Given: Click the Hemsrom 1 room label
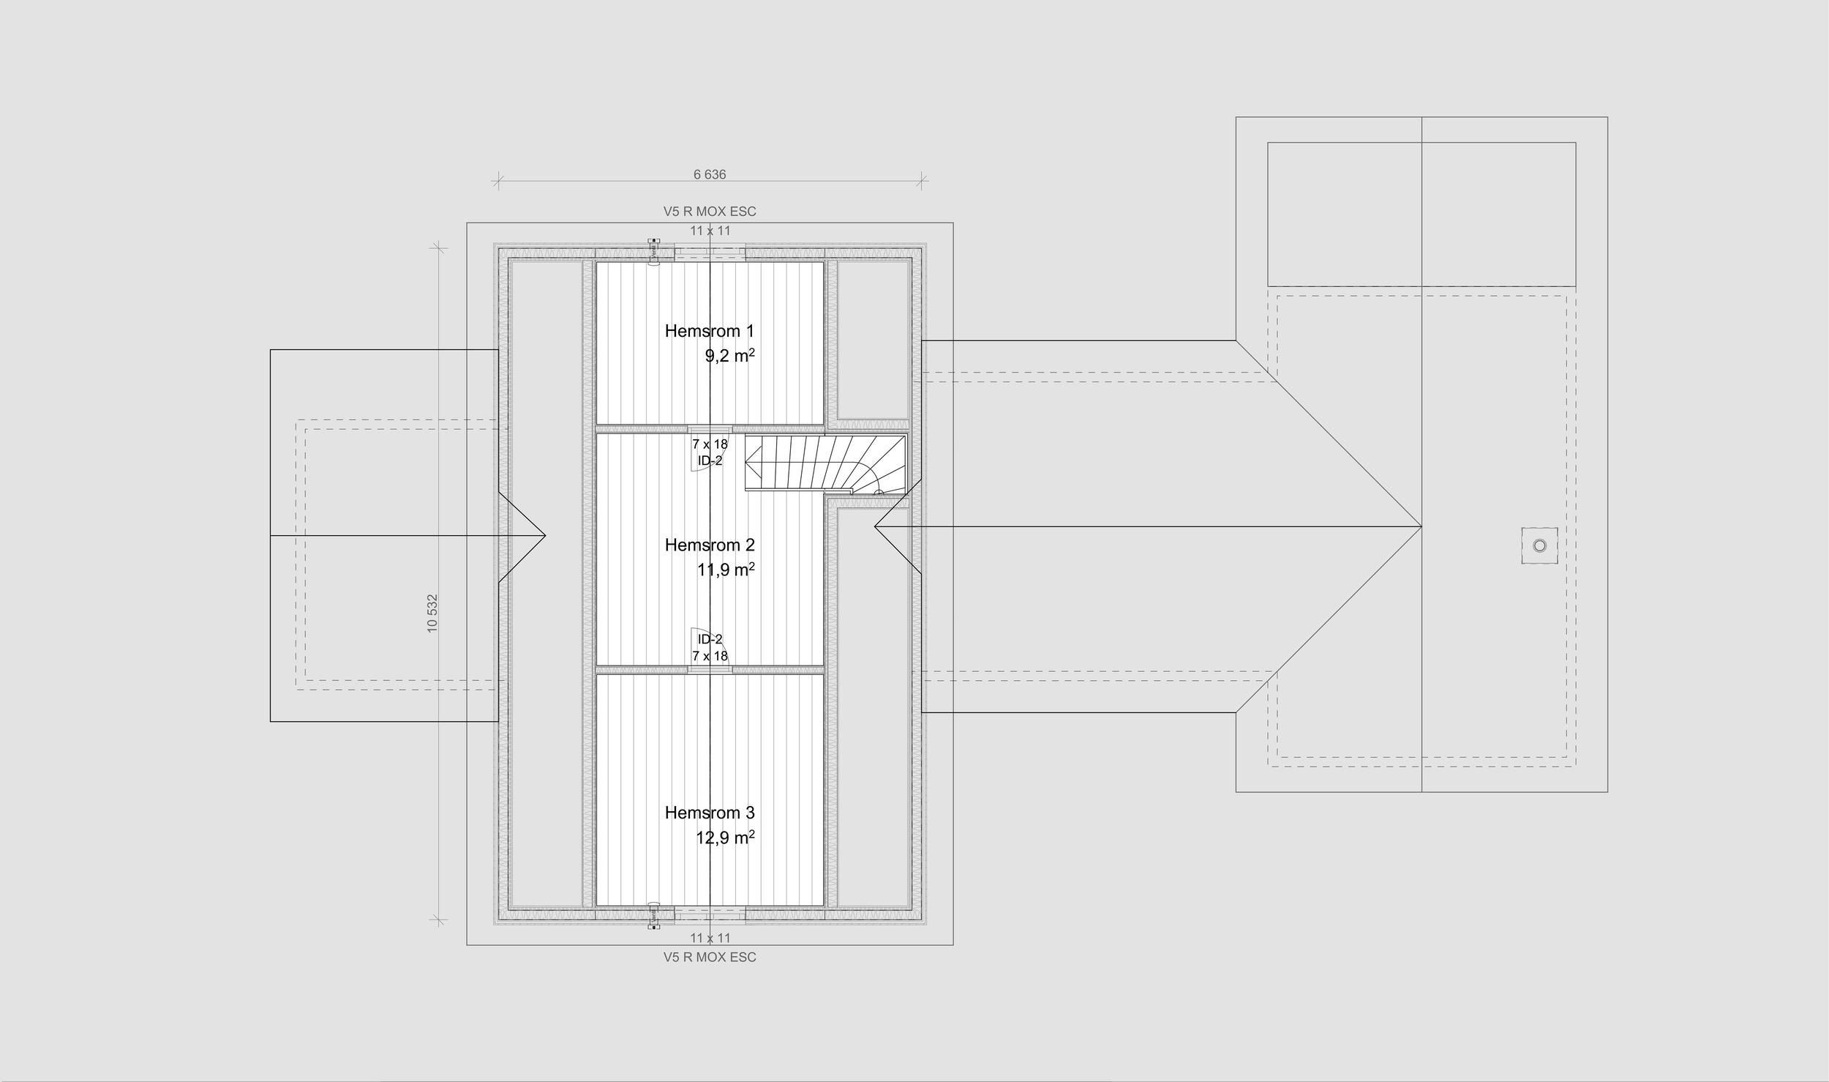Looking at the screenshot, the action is pyautogui.click(x=709, y=331).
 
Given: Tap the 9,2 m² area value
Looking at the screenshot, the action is pyautogui.click(x=729, y=356).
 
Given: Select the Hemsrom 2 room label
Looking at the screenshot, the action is pyautogui.click(x=710, y=545).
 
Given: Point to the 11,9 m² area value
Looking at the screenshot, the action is pyautogui.click(x=726, y=570).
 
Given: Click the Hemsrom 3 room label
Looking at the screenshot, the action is pyautogui.click(x=710, y=813).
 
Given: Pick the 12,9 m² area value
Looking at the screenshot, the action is pyautogui.click(x=725, y=837).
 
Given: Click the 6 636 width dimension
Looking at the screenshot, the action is pyautogui.click(x=710, y=174).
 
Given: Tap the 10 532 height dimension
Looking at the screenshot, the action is pyautogui.click(x=432, y=613).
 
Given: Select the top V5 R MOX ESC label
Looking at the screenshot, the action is pyautogui.click(x=710, y=212).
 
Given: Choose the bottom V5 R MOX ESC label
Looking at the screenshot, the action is pyautogui.click(x=710, y=957).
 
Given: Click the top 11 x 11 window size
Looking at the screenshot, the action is pyautogui.click(x=710, y=231).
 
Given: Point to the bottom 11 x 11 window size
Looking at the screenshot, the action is pyautogui.click(x=710, y=938).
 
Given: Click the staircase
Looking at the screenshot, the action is pyautogui.click(x=825, y=463).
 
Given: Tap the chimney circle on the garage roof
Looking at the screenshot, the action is pyautogui.click(x=1539, y=545).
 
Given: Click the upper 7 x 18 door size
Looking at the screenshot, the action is pyautogui.click(x=710, y=444).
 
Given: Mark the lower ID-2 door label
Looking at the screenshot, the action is pyautogui.click(x=710, y=639).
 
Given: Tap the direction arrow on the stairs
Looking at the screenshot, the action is pyautogui.click(x=752, y=463).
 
